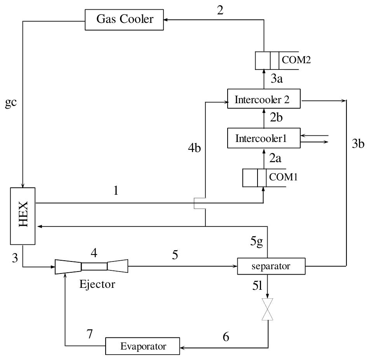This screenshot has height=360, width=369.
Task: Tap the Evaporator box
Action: pos(143,346)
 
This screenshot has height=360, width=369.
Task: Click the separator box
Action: pos(271,267)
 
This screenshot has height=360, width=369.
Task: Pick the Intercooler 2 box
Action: pos(264,100)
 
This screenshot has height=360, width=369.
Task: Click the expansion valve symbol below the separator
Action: pos(268,309)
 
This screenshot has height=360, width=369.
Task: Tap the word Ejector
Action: pos(97,284)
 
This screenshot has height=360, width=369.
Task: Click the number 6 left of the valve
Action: pos(225,337)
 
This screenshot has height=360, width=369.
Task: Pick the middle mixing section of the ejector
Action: pos(94,267)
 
